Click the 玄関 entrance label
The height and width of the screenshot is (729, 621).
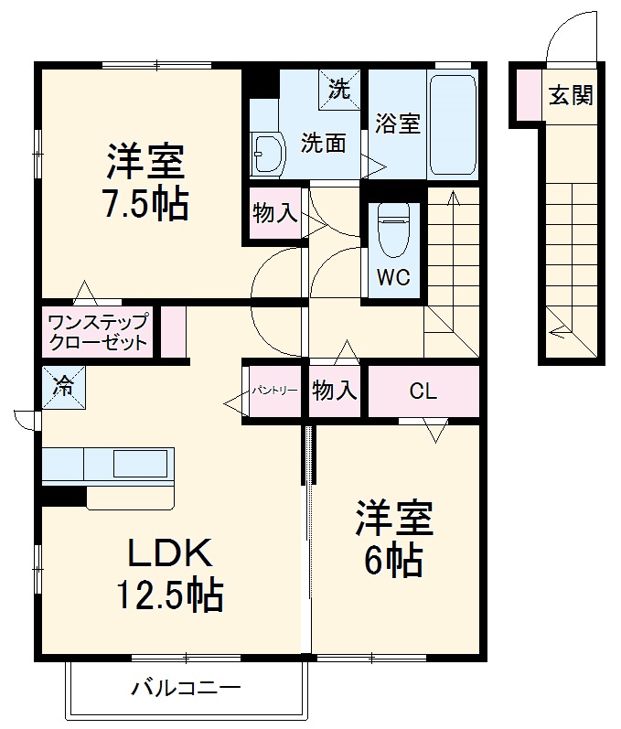pyautogui.click(x=570, y=95)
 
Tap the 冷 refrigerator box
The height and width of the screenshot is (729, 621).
pyautogui.click(x=63, y=385)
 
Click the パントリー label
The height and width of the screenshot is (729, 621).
pyautogui.click(x=275, y=391)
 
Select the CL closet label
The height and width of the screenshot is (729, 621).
pyautogui.click(x=423, y=391)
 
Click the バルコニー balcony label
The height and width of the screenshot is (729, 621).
pyautogui.click(x=186, y=686)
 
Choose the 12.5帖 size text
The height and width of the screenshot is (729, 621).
pyautogui.click(x=168, y=595)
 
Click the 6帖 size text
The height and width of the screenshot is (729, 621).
pyautogui.click(x=393, y=559)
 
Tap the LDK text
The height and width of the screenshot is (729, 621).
pyautogui.click(x=168, y=553)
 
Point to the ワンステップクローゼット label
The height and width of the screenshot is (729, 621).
pyautogui.click(x=97, y=333)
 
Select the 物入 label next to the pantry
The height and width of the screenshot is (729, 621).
pyautogui.click(x=334, y=391)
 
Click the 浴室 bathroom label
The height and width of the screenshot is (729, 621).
pyautogui.click(x=397, y=123)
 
